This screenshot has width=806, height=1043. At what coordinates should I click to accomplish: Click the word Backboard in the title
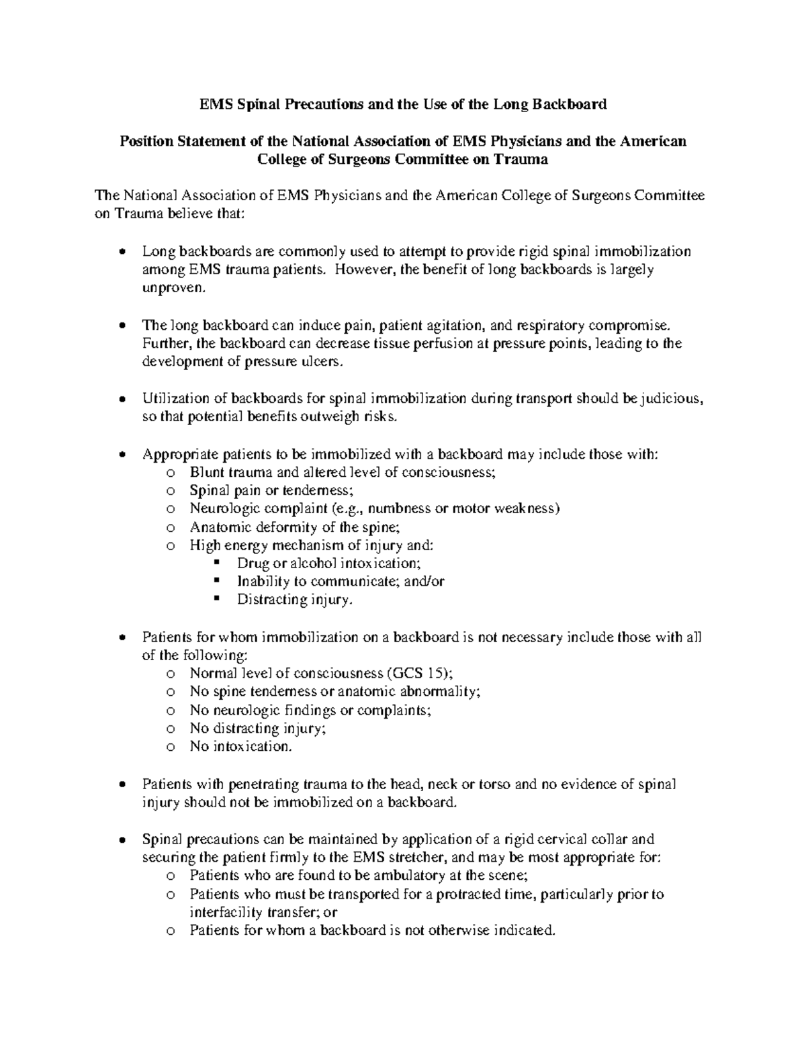tap(570, 104)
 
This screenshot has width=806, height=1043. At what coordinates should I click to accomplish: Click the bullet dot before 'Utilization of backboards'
tap(121, 399)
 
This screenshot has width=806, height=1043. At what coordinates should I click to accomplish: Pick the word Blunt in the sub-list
tap(206, 472)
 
